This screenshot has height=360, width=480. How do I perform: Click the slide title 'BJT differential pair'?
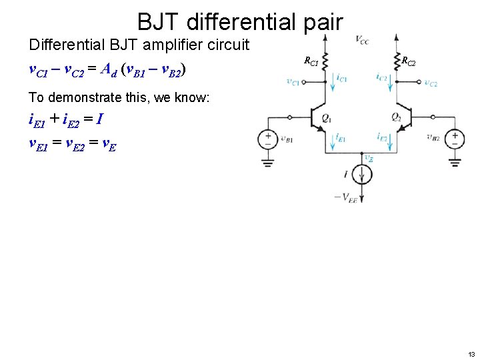coord(240,22)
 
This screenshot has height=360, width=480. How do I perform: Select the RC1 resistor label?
coord(311,62)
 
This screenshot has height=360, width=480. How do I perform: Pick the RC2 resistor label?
coord(408,62)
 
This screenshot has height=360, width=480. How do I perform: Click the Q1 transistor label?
coord(326,118)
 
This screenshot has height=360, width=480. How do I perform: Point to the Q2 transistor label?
coord(396,118)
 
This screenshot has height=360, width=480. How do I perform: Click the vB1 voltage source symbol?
coord(268,139)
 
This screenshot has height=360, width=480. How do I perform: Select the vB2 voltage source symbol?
coord(455,139)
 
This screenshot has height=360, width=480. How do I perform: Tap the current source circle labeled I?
coord(361,175)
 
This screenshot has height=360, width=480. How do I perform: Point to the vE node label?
coord(369,159)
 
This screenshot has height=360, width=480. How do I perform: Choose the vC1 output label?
coord(292,82)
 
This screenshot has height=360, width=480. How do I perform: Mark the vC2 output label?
coord(431,83)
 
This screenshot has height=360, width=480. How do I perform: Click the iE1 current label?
coord(341,138)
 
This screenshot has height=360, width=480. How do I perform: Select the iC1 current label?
coord(342,78)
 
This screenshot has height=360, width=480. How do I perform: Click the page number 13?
coord(471,353)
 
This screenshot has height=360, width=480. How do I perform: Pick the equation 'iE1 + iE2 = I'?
coord(65,120)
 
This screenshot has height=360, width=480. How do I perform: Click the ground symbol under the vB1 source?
coord(268,162)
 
